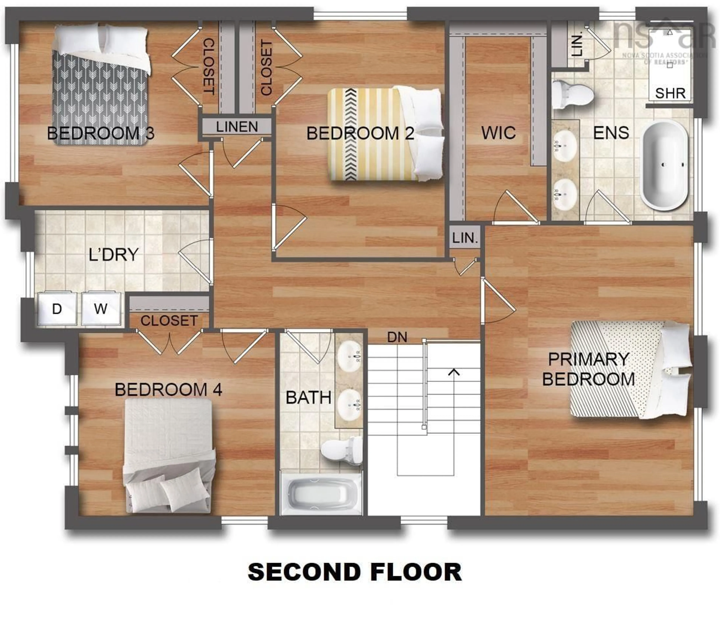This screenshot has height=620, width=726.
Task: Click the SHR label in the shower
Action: point(670,94)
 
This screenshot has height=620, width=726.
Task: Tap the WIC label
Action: point(498,133)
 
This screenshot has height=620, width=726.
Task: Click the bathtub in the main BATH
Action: point(321,494)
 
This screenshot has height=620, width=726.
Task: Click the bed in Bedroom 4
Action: point(169,455)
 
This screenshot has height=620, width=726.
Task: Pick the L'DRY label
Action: point(113,255)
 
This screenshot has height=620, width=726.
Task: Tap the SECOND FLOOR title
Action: point(355,572)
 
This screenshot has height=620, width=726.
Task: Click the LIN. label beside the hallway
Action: point(465,238)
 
